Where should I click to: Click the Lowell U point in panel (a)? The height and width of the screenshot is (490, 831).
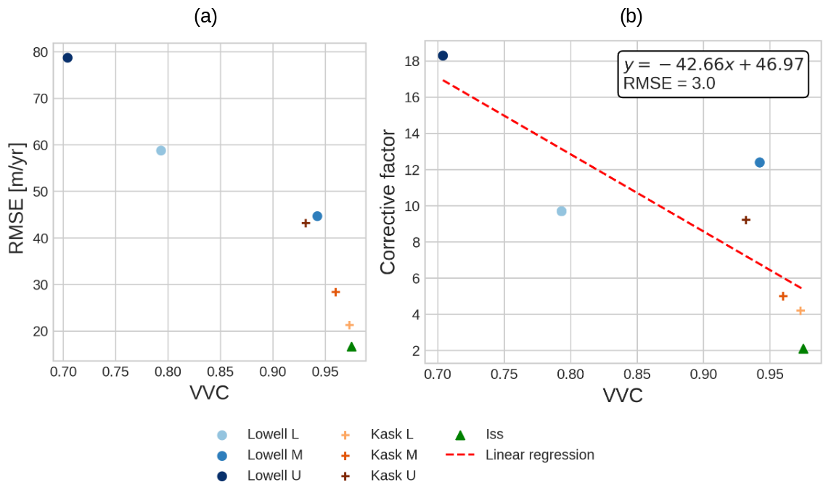67,58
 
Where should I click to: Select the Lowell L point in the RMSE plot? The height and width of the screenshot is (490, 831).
161,150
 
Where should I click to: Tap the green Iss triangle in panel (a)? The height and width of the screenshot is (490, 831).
351,347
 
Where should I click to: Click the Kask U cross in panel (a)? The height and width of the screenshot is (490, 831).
306,223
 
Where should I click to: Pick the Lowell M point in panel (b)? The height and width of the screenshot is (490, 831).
760,163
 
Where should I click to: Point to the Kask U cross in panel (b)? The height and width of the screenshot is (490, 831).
745,220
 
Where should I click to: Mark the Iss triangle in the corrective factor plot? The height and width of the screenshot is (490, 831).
803,349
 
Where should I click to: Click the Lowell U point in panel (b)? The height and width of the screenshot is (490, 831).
443,55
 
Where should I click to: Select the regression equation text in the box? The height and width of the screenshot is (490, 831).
713,65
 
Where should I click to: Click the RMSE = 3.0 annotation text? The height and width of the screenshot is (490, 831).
669,83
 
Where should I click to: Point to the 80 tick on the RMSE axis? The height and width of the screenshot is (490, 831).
40,52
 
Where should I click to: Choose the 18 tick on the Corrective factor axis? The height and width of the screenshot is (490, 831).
412,61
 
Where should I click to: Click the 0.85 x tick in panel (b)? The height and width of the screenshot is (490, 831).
636,375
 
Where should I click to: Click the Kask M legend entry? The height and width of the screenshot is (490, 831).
393,455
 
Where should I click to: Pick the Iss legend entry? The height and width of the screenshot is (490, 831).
494,435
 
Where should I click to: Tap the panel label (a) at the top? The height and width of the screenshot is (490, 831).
205,16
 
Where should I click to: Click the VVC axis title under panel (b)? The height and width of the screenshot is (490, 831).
623,396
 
